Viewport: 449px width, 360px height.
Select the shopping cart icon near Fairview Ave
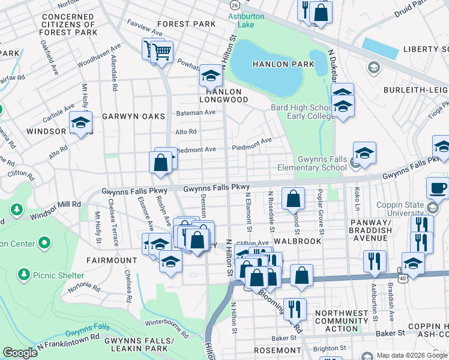tap(161, 52)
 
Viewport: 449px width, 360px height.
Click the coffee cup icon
tap(438, 187)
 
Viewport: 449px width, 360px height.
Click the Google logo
tap(20, 353)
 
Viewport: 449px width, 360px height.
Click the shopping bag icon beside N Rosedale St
tap(292, 198)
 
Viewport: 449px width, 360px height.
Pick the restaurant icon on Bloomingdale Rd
tap(294, 308)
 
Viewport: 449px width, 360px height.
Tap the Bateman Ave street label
tap(195, 112)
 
